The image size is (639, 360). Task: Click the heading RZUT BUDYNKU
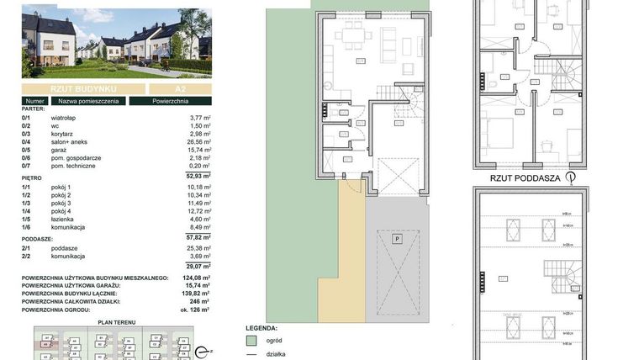pos(82,88)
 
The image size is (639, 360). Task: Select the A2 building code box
pos(180,88)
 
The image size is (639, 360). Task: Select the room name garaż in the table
pos(58,151)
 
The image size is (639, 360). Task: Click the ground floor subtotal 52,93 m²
pos(195,176)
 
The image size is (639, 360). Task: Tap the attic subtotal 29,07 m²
pos(195,266)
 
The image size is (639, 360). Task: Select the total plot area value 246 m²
pos(198,301)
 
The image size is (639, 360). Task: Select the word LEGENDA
pos(261,327)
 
